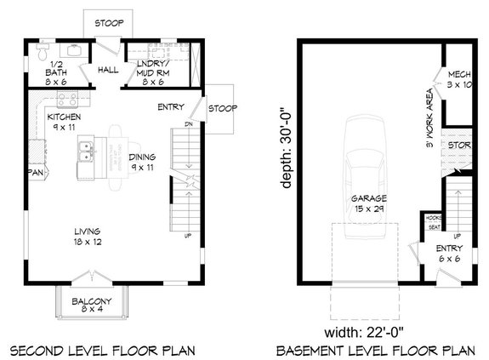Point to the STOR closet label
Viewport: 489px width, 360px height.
point(459,145)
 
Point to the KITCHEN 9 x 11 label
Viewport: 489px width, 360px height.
point(64,122)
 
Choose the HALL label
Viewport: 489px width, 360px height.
point(108,70)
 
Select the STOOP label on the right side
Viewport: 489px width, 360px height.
point(222,108)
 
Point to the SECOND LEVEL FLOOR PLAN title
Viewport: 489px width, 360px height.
point(102,350)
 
